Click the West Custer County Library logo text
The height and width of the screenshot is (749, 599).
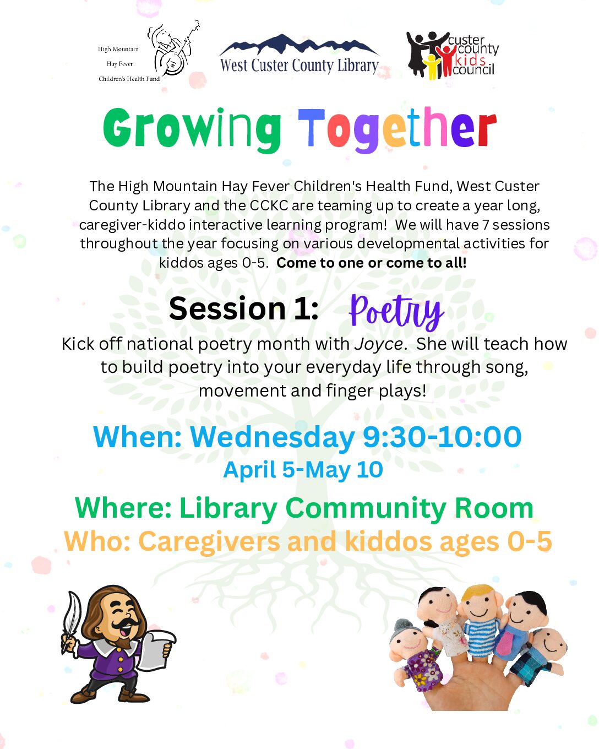299,66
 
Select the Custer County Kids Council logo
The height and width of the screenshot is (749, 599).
453,55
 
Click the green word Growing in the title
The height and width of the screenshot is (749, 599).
192,129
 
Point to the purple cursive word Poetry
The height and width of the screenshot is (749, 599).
396,311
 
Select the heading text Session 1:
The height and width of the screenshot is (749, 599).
244,308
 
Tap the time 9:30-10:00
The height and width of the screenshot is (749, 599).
442,437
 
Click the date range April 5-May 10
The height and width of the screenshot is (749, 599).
303,470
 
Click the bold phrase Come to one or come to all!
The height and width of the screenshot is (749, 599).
372,263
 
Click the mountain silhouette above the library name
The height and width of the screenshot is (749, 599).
299,45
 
